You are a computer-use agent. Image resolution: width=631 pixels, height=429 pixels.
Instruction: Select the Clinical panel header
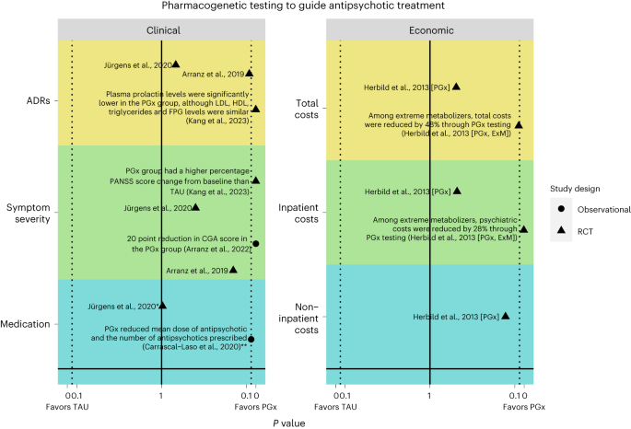(x=162, y=29)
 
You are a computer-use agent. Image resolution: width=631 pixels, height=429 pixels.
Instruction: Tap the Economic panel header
(x=430, y=29)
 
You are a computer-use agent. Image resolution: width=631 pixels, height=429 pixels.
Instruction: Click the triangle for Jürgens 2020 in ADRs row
(x=176, y=64)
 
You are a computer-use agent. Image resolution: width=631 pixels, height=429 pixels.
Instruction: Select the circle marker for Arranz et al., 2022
(x=256, y=243)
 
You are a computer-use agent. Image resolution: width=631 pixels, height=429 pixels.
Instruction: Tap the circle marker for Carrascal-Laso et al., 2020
(x=251, y=339)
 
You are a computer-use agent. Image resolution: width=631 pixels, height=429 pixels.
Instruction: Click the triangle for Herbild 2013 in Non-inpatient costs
(x=505, y=316)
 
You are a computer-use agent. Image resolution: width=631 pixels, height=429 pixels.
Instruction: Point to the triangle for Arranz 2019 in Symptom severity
(x=234, y=270)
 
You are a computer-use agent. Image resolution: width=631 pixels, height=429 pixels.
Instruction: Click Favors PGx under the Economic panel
(x=520, y=406)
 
